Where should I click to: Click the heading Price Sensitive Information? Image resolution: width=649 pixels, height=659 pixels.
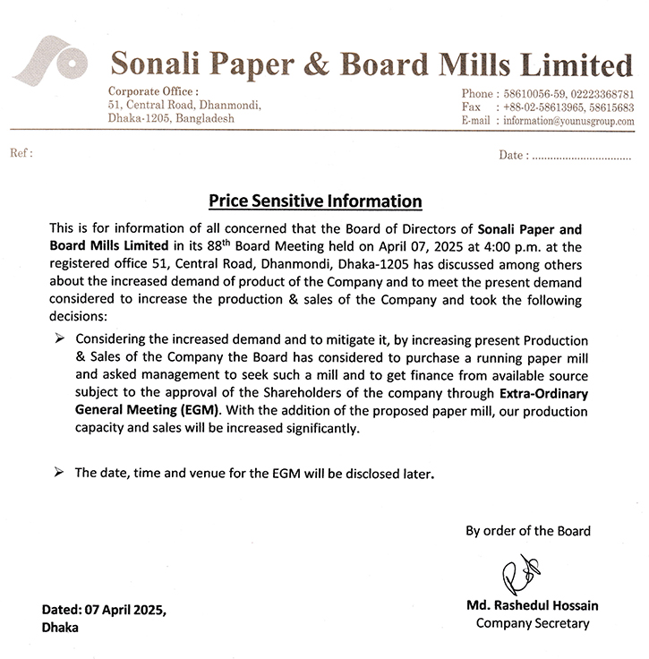[314, 201]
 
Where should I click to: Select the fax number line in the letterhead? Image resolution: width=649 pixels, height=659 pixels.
[548, 107]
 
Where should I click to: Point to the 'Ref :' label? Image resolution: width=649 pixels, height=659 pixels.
[21, 153]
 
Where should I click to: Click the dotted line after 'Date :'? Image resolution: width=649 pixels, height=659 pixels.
[581, 156]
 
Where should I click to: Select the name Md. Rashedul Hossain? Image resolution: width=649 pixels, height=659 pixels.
[532, 605]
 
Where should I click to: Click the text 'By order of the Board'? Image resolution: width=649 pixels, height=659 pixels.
[527, 531]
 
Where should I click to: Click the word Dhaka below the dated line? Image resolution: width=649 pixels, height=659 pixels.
[60, 628]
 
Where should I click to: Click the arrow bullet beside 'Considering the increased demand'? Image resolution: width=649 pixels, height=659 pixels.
[60, 340]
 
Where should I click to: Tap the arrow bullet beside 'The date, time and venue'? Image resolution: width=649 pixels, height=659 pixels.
[60, 473]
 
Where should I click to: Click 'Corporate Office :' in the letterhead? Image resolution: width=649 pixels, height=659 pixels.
[153, 92]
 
